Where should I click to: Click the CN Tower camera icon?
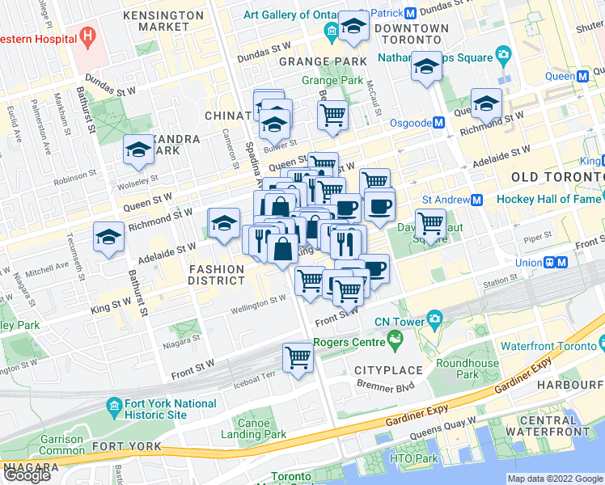pos(434,321)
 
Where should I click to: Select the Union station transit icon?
pos(555,263)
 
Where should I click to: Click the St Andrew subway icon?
pos(477,200)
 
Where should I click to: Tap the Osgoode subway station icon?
pos(438,123)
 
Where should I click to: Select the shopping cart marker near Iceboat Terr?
pos(298,357)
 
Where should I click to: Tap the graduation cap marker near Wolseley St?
pos(139,150)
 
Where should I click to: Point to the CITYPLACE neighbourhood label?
pos(388,370)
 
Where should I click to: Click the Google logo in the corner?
pos(27,475)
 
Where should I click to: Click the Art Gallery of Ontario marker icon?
pos(330,32)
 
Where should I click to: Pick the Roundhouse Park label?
pos(467,369)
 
